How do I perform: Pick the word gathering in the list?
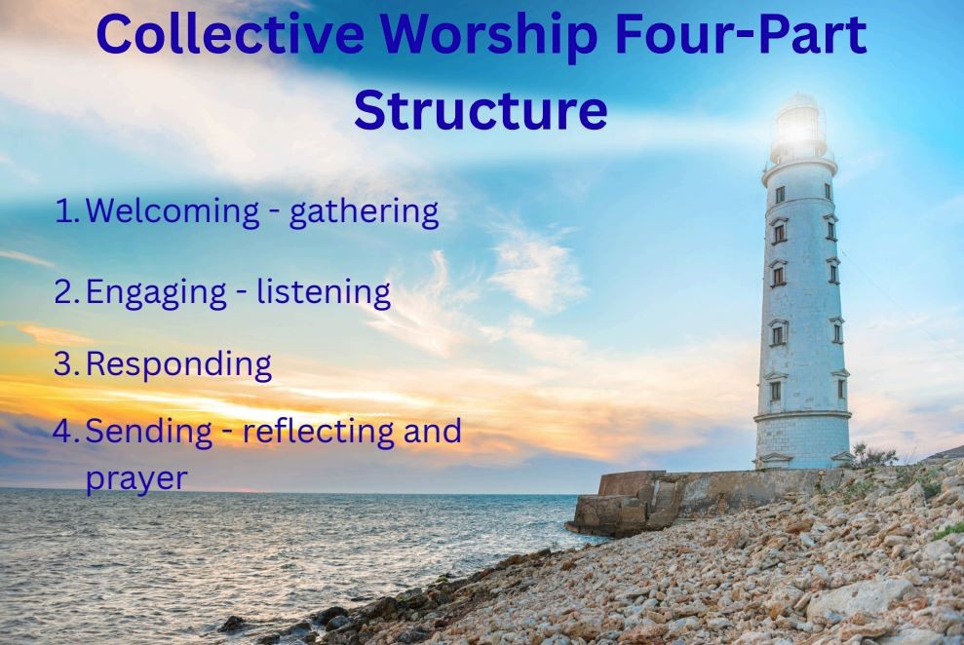pyautogui.click(x=365, y=212)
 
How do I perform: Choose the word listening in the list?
pyautogui.click(x=324, y=291)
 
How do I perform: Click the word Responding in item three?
pyautogui.click(x=178, y=365)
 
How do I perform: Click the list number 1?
pyautogui.click(x=65, y=210)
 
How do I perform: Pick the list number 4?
pyautogui.click(x=65, y=431)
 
